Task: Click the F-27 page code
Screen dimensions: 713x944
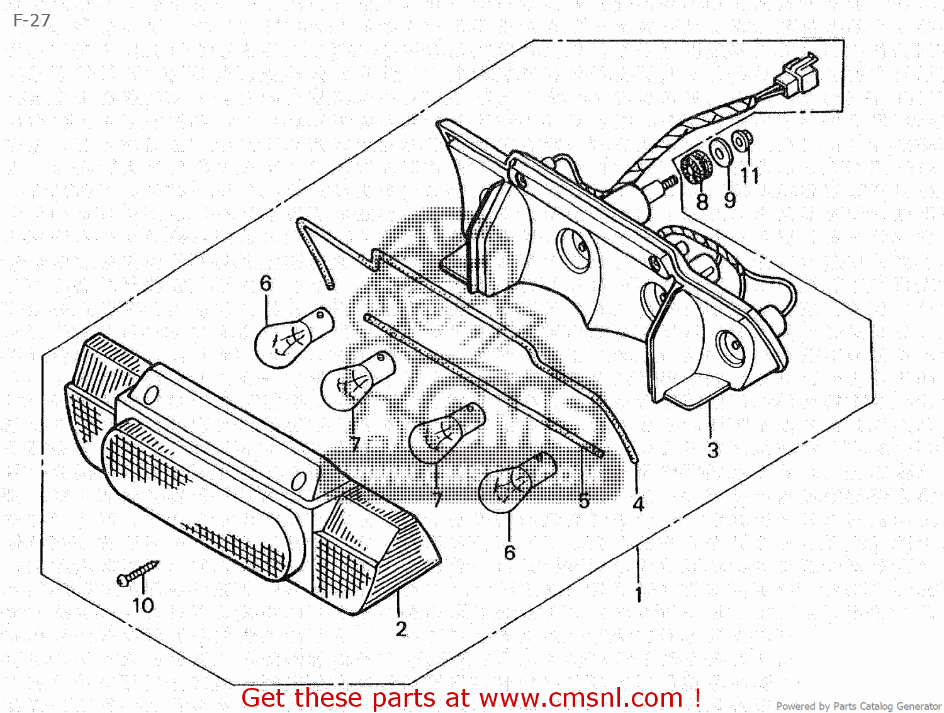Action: tap(31, 21)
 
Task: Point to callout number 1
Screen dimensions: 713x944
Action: tap(639, 594)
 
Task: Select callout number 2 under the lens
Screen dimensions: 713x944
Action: tap(402, 629)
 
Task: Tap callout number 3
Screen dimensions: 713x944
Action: tap(712, 451)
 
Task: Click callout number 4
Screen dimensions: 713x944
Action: tap(638, 504)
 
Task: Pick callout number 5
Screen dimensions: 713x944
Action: tap(584, 502)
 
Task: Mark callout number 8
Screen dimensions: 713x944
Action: tap(702, 201)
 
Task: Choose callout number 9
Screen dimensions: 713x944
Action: tap(729, 200)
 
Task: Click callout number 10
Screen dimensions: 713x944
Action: tap(143, 605)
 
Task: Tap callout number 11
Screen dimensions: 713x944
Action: tap(750, 176)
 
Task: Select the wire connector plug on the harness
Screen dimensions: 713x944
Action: tap(798, 72)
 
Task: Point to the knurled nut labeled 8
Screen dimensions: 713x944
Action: tap(696, 167)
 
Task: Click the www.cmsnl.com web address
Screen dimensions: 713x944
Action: tap(581, 698)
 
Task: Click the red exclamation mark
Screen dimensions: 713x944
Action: tap(697, 697)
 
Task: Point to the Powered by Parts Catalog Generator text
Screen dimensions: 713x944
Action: tap(858, 706)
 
